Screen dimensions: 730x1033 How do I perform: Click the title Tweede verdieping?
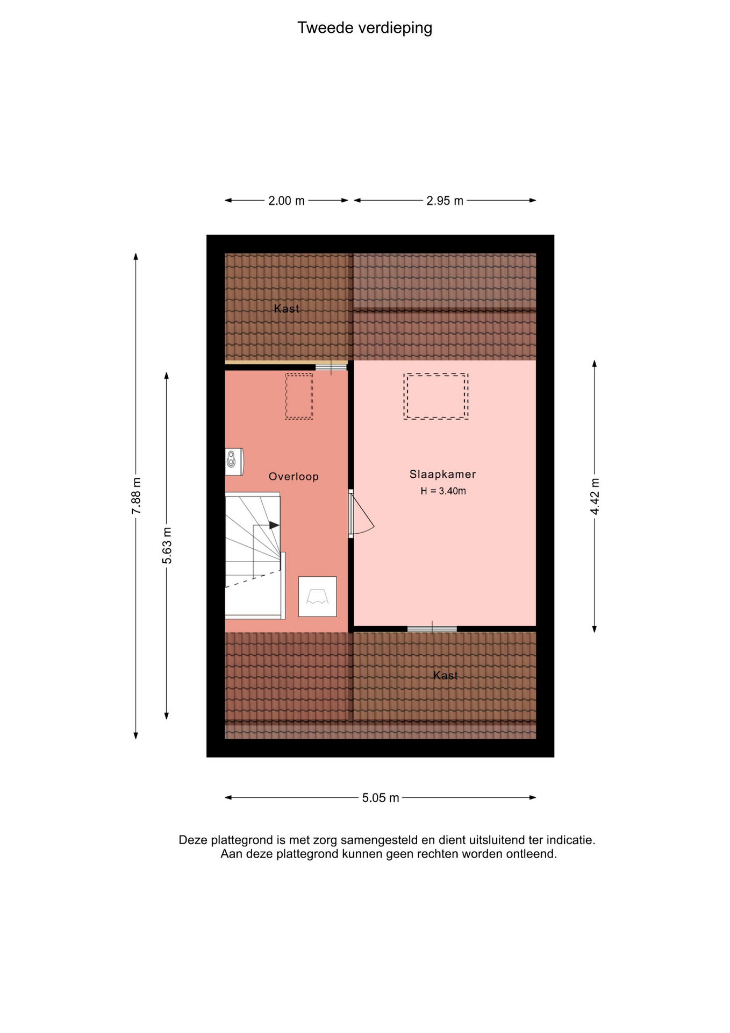click(364, 28)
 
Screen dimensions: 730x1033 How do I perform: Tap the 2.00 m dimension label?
click(287, 201)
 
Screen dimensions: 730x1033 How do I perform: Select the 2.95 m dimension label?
click(445, 201)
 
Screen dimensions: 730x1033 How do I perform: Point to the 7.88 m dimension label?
click(137, 496)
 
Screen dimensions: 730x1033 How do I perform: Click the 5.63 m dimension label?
click(167, 546)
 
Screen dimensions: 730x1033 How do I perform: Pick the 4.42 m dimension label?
click(595, 496)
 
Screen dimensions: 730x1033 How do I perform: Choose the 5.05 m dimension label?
click(381, 798)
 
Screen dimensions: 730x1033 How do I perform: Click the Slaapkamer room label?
click(442, 474)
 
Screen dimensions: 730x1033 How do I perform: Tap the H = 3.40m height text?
click(443, 491)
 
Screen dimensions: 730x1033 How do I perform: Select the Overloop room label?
click(294, 476)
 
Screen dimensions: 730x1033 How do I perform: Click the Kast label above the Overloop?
click(287, 308)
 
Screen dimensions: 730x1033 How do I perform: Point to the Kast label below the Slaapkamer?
click(446, 675)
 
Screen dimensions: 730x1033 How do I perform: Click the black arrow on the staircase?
click(274, 525)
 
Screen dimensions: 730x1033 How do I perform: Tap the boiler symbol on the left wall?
click(234, 462)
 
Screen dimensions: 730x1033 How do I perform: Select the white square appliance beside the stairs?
click(318, 597)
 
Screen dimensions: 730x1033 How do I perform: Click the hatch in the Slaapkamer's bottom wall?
click(432, 628)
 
